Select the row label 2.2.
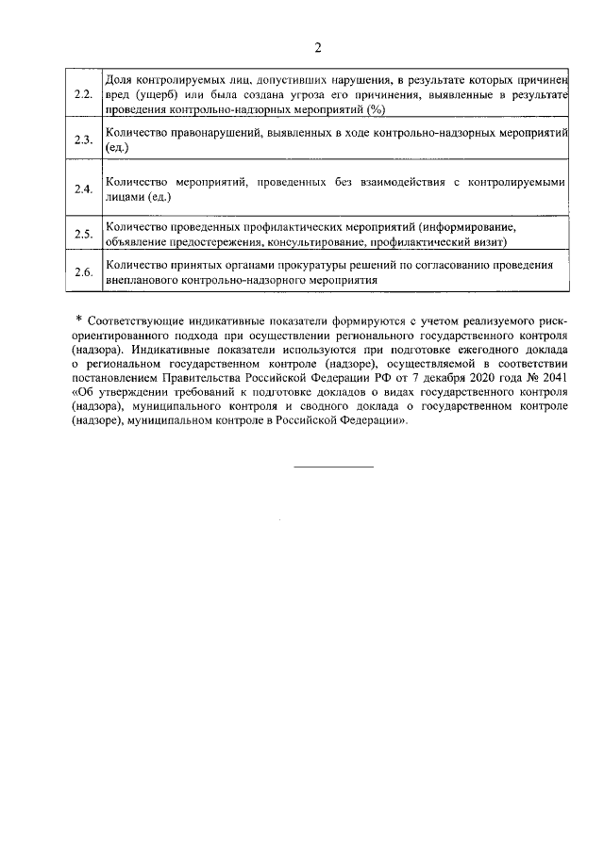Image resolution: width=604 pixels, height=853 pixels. (83, 94)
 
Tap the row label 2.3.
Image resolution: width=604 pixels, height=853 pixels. (83, 141)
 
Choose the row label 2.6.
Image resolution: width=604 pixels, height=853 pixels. (83, 272)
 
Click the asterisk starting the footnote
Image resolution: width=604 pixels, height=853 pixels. (80, 322)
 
